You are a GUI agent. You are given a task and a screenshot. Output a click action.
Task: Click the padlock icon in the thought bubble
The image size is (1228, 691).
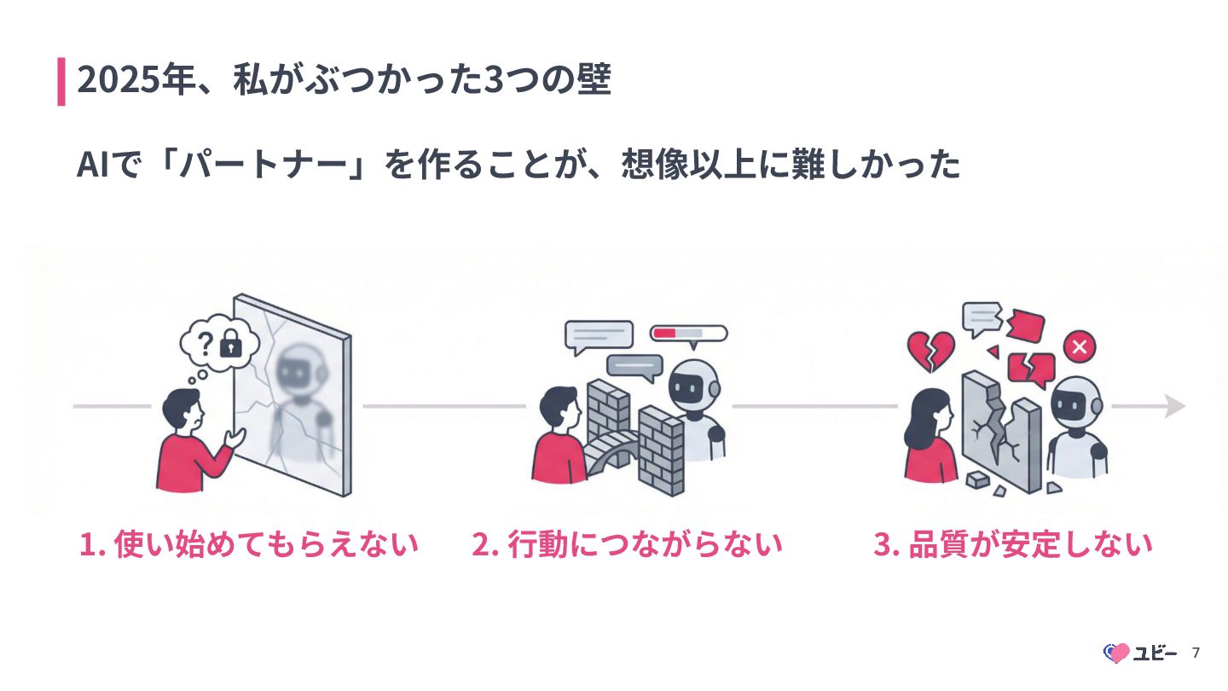pyautogui.click(x=229, y=344)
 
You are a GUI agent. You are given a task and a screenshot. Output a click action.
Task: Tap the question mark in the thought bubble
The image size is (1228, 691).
pyautogui.click(x=205, y=343)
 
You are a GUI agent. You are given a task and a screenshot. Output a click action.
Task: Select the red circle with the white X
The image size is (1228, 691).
pyautogui.click(x=1079, y=346)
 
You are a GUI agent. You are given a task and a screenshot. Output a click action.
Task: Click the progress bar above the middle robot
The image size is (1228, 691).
pyautogui.click(x=688, y=333)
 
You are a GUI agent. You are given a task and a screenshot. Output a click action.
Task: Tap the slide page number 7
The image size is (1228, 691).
pyautogui.click(x=1196, y=653)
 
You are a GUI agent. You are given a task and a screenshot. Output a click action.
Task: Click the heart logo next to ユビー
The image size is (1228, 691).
pyautogui.click(x=1116, y=653)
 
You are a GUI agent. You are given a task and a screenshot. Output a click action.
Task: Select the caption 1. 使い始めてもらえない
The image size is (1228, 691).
pyautogui.click(x=249, y=544)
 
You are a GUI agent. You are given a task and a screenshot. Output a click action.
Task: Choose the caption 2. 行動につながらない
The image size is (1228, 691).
pyautogui.click(x=627, y=544)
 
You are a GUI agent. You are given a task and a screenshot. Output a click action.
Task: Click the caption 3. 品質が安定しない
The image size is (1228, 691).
pyautogui.click(x=1012, y=544)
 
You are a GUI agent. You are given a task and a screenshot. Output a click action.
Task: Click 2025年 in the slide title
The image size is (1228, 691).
pyautogui.click(x=133, y=81)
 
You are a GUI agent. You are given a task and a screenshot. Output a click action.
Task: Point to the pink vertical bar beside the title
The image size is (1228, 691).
pyautogui.click(x=61, y=81)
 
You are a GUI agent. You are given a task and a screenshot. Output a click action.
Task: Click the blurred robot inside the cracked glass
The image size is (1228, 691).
pyautogui.click(x=302, y=392)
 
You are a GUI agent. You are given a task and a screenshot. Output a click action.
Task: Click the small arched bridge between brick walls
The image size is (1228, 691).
pyautogui.click(x=611, y=447)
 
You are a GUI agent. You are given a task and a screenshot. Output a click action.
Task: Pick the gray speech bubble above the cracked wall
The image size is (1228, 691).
pyautogui.click(x=980, y=318)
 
